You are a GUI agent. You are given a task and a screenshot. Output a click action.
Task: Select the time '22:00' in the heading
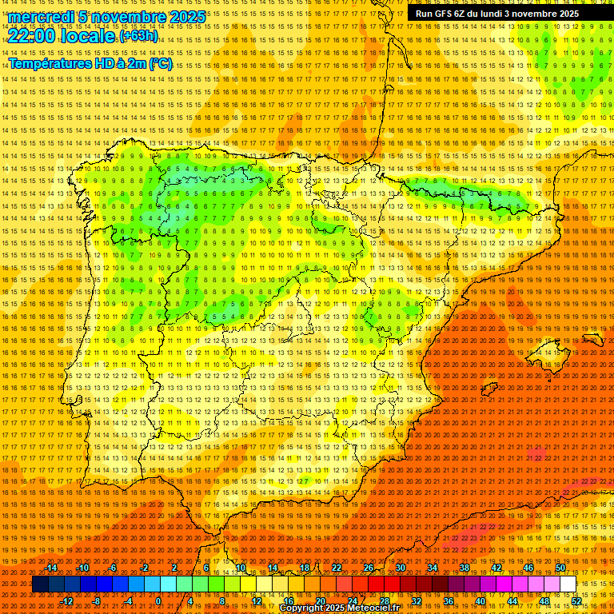(x=36, y=35)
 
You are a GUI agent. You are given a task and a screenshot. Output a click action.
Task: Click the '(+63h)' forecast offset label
(x=139, y=36)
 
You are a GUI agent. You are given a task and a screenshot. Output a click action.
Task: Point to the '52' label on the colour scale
(x=576, y=601)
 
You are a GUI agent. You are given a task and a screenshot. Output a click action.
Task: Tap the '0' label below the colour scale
(x=159, y=601)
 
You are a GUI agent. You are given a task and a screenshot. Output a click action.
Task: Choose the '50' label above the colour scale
(x=560, y=568)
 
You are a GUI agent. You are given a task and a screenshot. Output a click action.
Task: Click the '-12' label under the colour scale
(x=67, y=601)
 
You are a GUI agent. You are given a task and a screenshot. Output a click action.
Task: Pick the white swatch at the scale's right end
(x=568, y=584)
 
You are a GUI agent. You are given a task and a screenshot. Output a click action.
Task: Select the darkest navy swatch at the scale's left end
(x=40, y=584)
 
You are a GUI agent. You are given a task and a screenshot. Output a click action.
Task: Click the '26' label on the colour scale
(x=369, y=568)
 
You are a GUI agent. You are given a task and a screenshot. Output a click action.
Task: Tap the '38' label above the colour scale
(x=464, y=568)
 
